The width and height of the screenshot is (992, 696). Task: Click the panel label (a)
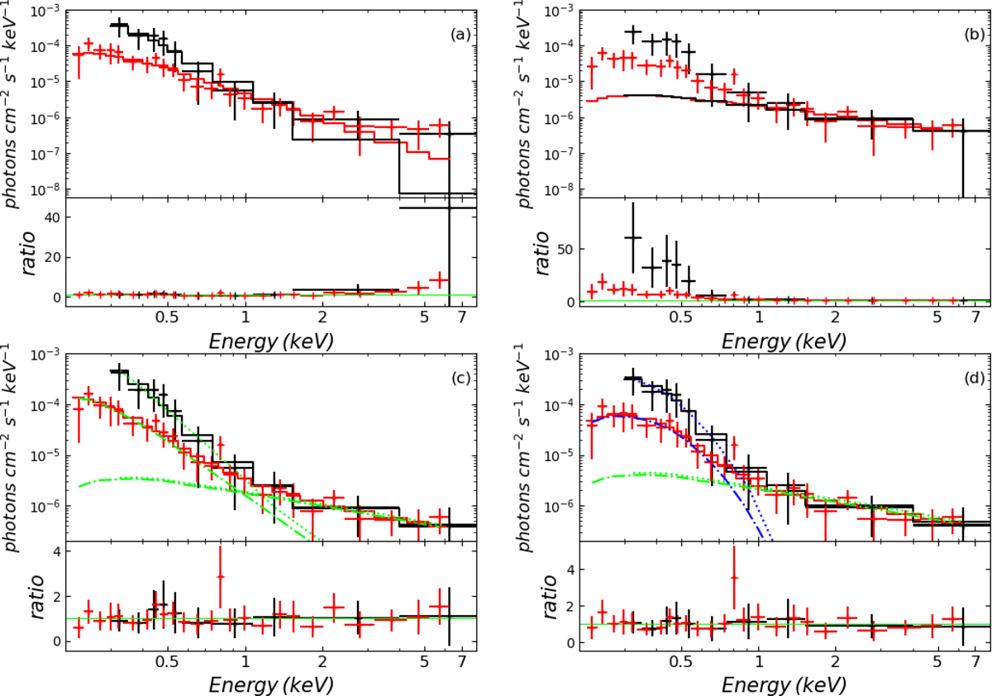coord(460,35)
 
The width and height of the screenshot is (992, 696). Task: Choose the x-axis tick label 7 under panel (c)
coord(461,662)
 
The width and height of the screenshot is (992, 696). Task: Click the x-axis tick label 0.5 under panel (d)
coord(680,662)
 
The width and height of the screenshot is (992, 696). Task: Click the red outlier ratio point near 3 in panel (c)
coord(221,576)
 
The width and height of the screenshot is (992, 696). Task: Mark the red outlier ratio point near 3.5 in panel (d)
coord(733,578)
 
